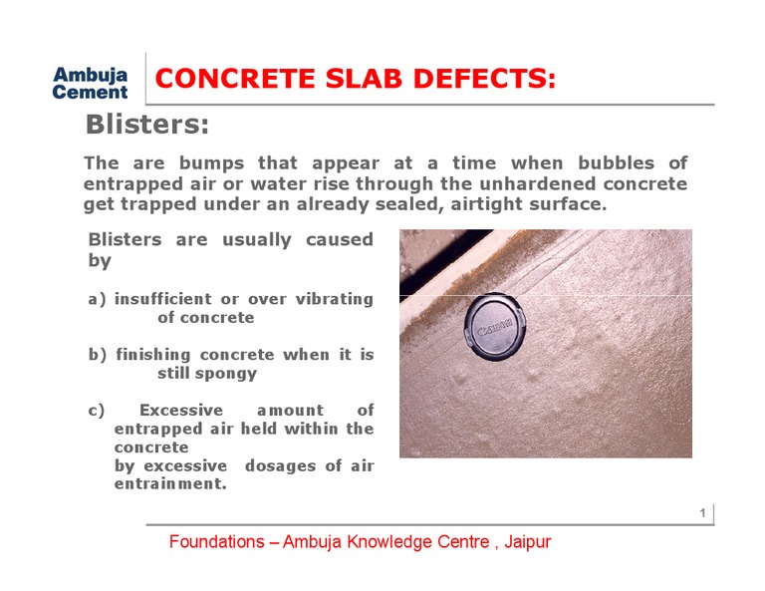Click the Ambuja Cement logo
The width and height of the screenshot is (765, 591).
[x=90, y=83]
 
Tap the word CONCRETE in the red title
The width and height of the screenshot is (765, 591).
[x=233, y=79]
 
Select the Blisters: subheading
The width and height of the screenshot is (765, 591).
[x=147, y=126]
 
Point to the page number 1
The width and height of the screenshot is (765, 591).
[x=702, y=513]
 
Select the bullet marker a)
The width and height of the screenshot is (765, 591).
[x=98, y=299]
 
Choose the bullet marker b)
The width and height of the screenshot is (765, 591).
[x=98, y=355]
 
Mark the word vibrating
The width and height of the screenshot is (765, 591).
[x=335, y=299]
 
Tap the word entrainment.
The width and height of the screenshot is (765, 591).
[x=169, y=484]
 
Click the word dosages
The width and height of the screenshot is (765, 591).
[x=284, y=466]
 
